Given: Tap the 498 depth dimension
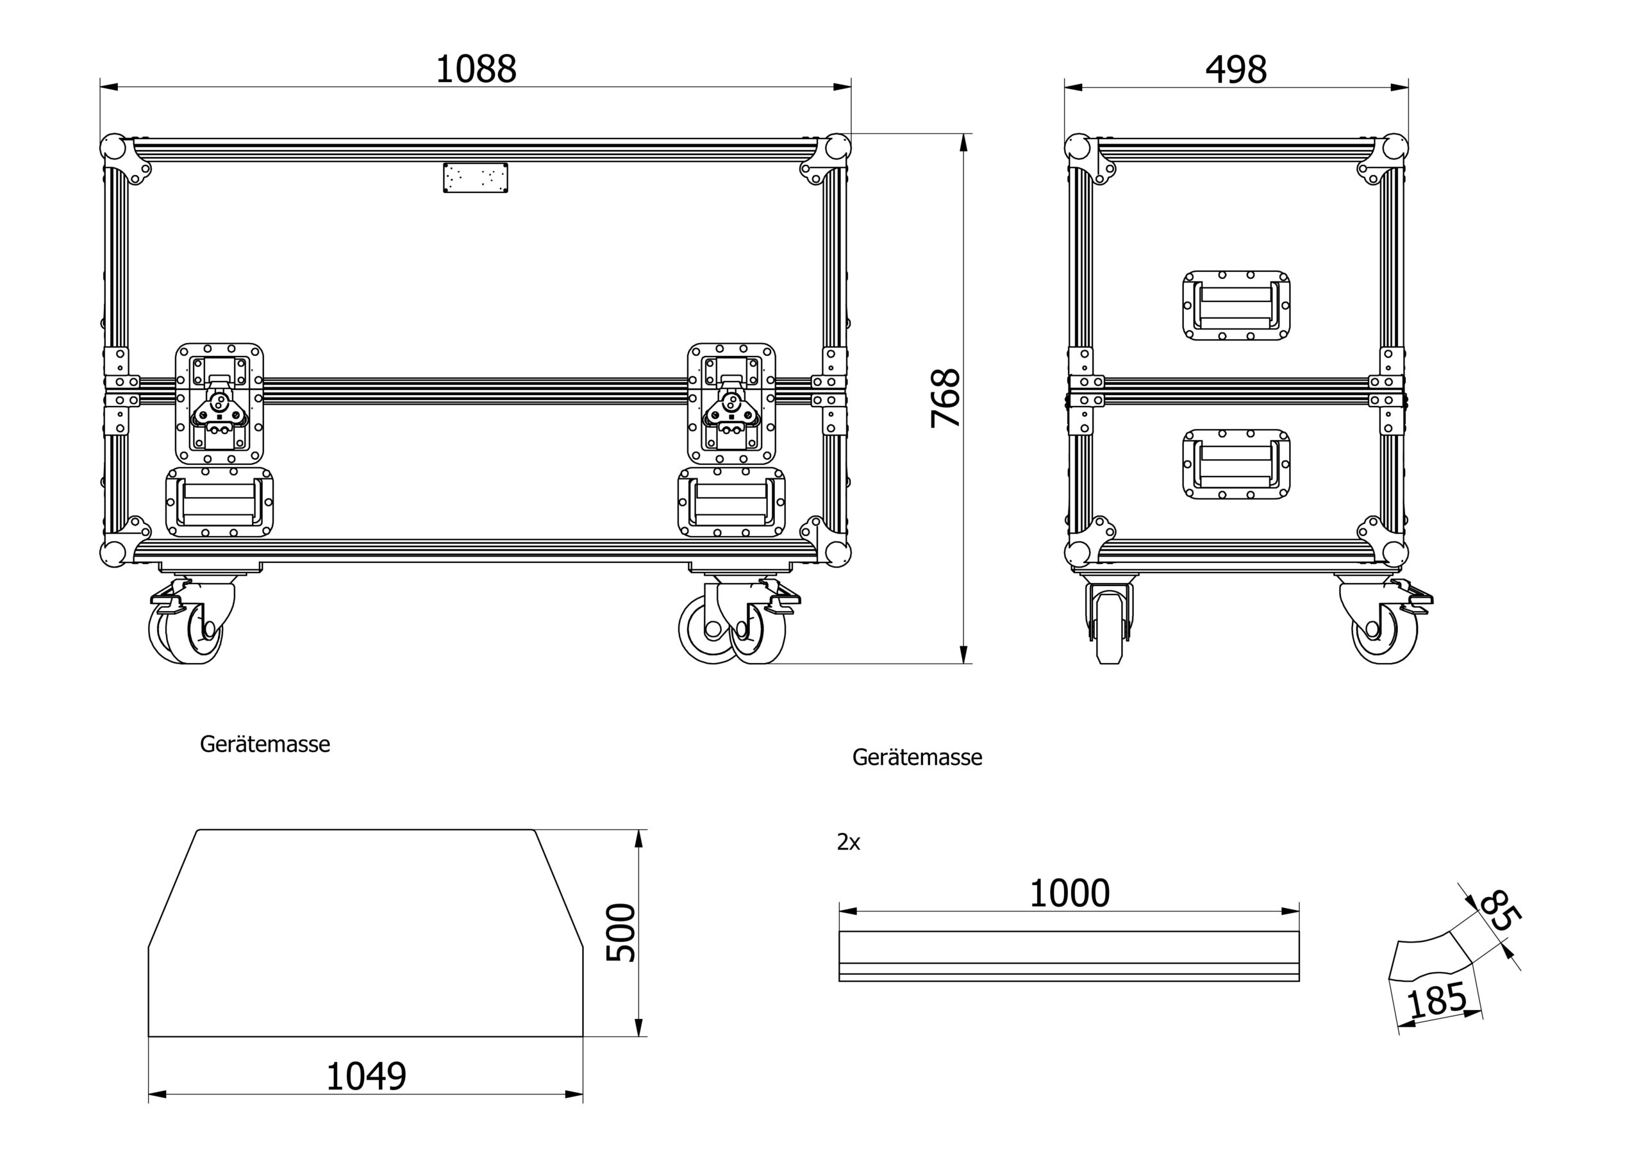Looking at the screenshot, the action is coord(1236,69).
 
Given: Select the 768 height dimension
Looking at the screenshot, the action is coord(945,398).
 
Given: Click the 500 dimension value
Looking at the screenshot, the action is coord(621,932).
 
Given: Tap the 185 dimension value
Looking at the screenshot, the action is coord(1437,1000).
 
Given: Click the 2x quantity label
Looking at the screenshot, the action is coord(848,843).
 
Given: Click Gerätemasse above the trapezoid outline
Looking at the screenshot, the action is coord(265,744).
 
